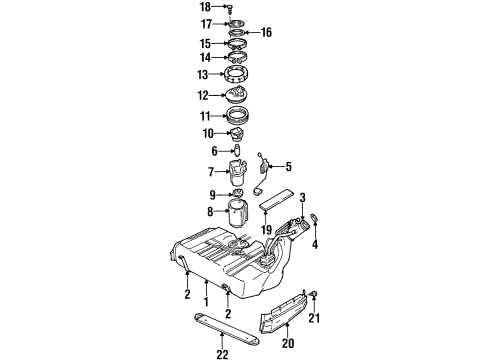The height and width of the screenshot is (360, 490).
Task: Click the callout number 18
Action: pyautogui.click(x=206, y=7)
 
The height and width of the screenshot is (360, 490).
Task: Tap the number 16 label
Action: pyautogui.click(x=267, y=33)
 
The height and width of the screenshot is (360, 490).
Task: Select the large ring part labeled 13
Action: pyautogui.click(x=239, y=76)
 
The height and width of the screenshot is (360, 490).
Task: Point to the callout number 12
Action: pyautogui.click(x=205, y=95)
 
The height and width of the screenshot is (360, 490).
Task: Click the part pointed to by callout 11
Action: pyautogui.click(x=238, y=116)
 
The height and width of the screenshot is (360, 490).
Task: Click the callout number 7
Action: pyautogui.click(x=211, y=172)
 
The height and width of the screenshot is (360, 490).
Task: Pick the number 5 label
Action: pyautogui.click(x=286, y=167)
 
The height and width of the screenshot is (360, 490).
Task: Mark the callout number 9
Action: pyautogui.click(x=211, y=194)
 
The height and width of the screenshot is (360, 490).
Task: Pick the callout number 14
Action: pyautogui.click(x=205, y=58)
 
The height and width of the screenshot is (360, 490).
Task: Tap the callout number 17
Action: pyautogui.click(x=205, y=24)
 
